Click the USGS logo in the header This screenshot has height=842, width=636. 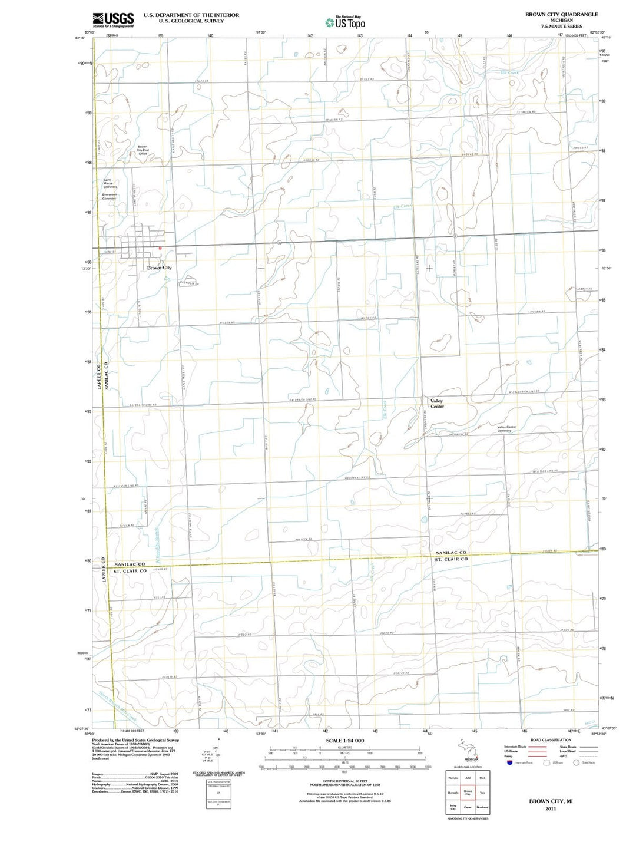pos(113,20)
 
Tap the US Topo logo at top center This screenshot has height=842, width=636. pos(345,22)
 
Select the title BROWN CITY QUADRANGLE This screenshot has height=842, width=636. pos(561,14)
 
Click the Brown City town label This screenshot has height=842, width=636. pos(159,268)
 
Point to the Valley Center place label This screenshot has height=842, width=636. pos(437,404)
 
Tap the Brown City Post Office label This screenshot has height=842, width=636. pos(143,150)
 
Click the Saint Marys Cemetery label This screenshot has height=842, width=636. pos(110,183)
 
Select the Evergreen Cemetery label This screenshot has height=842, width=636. pos(110,196)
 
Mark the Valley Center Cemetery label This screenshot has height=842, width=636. pos(506,429)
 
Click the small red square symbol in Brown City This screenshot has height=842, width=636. pos(159,248)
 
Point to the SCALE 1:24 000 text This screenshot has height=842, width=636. pos(345,741)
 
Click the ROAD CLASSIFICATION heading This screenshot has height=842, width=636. pos(551,740)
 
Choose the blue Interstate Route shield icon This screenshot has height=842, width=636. pos(509,762)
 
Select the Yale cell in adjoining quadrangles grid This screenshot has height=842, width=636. pos(482,793)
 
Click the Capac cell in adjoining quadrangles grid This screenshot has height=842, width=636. pos(468,807)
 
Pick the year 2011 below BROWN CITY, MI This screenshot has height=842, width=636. pos(551,808)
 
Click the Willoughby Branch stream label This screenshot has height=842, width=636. pos(157,542)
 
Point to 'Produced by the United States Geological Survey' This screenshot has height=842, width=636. pos(135,740)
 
